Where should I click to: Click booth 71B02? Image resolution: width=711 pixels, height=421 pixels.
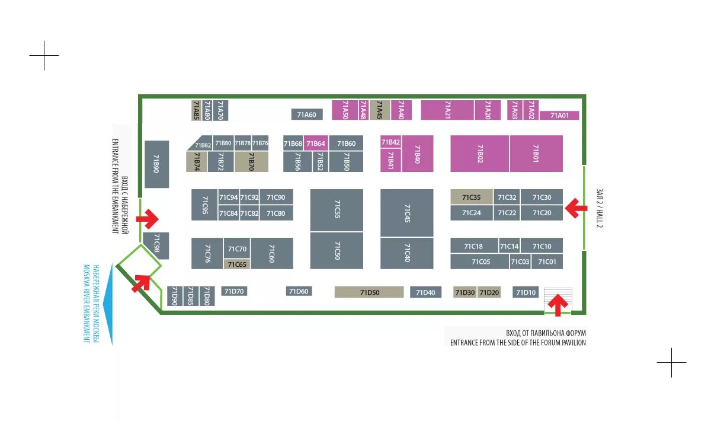pos(479,154)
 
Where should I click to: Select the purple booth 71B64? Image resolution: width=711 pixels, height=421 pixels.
pos(316,143)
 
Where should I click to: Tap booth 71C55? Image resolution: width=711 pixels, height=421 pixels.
pos(337,210)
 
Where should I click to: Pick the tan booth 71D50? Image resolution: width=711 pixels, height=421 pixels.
pos(369,292)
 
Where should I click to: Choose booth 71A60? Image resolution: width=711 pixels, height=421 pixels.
pos(306,114)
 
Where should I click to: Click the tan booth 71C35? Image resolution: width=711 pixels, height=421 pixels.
pos(471,197)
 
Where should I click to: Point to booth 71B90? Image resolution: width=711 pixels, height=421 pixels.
pos(156,164)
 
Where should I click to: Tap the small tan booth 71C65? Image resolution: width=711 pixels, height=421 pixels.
pos(237,264)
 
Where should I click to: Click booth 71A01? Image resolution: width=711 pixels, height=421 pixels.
pos(559,116)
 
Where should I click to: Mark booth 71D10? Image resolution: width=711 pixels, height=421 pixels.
pos(526,292)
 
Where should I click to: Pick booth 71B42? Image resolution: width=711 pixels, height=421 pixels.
pos(390,142)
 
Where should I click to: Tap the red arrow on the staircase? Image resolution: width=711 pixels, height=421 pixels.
pos(557,305)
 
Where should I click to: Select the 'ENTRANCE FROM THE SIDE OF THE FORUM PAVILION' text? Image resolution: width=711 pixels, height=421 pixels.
pos(517,343)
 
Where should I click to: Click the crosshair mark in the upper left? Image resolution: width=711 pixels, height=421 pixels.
pos(44,56)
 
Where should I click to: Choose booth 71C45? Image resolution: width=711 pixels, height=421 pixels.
pos(407,213)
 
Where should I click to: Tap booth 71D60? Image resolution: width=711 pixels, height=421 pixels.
pos(299,291)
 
